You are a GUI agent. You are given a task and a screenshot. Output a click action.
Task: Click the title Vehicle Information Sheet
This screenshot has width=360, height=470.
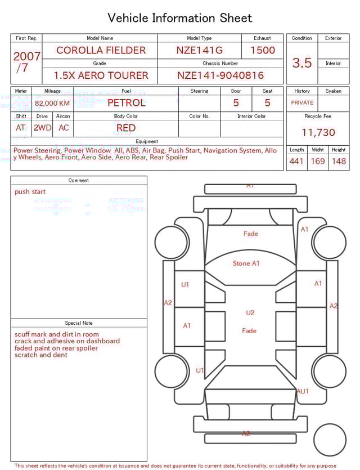[x=180, y=18]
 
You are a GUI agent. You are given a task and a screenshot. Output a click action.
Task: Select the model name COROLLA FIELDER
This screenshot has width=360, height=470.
[x=101, y=50]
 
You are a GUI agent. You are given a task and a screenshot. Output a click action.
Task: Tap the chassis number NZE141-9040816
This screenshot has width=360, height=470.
[x=220, y=75]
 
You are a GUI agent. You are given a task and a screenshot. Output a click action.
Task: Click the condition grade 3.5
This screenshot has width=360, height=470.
[x=302, y=63]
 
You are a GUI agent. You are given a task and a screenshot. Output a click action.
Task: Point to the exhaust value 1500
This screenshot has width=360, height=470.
[x=263, y=50]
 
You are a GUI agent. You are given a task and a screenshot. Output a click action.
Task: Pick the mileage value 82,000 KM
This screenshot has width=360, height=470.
[x=52, y=104]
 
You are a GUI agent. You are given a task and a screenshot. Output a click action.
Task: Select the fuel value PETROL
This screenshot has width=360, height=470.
[x=126, y=103]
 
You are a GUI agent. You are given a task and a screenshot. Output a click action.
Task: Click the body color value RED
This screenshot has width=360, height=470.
[x=126, y=128]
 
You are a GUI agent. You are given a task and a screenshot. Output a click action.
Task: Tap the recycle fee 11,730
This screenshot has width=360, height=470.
[x=318, y=133]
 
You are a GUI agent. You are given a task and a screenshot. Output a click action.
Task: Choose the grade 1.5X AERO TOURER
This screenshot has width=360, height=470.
[x=101, y=75]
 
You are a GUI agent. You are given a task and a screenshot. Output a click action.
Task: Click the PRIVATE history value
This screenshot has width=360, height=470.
[x=302, y=103]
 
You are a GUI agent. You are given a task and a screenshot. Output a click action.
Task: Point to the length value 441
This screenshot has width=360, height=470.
[x=296, y=162]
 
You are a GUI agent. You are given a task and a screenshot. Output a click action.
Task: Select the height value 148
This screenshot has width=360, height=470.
[x=339, y=162]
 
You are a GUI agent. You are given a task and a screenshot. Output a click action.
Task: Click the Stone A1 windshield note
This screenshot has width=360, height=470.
[x=246, y=263]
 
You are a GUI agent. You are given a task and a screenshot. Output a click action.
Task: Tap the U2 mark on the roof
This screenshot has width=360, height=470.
[x=250, y=313]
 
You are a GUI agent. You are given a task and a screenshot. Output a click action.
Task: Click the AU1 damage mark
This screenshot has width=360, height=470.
[x=303, y=391]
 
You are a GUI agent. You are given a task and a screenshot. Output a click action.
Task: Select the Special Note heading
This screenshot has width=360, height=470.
[x=79, y=323]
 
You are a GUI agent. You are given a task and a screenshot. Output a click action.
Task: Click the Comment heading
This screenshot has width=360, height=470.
[x=79, y=181]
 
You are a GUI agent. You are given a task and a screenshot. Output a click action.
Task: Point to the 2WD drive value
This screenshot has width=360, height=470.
[x=42, y=128]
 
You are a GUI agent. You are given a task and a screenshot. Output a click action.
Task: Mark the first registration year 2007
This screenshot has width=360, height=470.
[x=27, y=56]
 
